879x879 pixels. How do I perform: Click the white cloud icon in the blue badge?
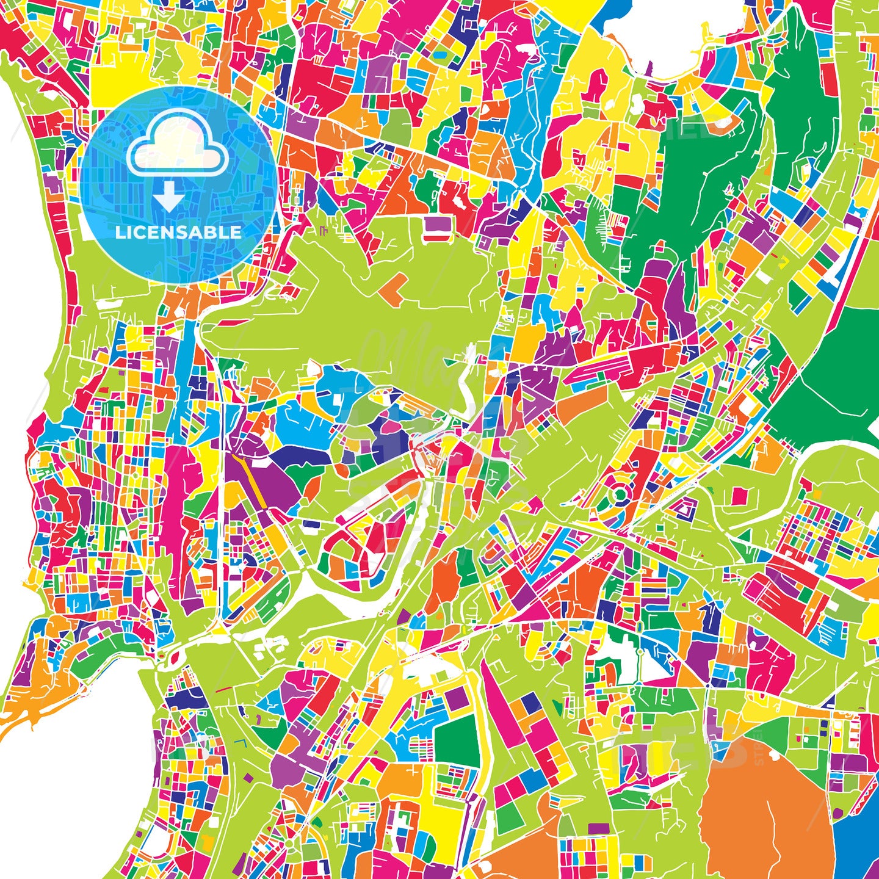pyautogui.click(x=177, y=150)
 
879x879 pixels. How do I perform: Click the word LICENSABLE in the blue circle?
pyautogui.click(x=178, y=233)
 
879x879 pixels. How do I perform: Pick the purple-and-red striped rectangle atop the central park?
pyautogui.click(x=437, y=228)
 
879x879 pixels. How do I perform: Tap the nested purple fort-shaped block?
pyautogui.click(x=686, y=507)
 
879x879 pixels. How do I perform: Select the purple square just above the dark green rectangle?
pyautogui.click(x=457, y=700)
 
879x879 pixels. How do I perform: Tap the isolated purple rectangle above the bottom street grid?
pyautogui.click(x=599, y=828)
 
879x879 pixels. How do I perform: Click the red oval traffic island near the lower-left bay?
pyautogui.click(x=173, y=658)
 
